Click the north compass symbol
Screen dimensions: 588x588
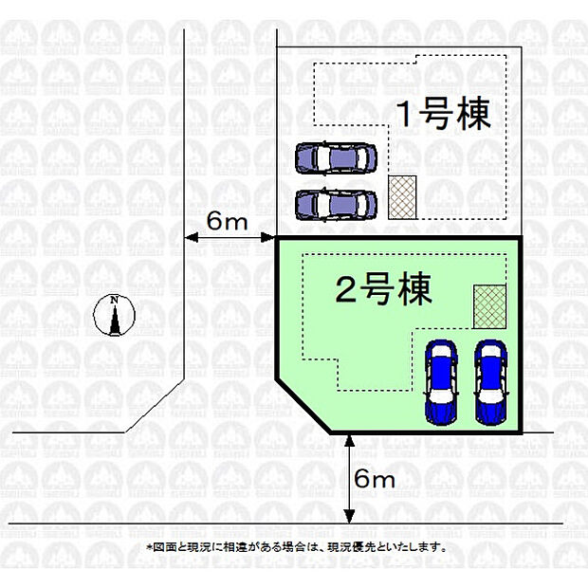point(114,315)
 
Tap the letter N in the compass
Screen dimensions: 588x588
point(115,300)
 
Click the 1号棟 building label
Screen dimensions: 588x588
point(445,114)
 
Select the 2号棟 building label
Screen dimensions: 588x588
point(384,289)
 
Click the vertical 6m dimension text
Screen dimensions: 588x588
point(375,479)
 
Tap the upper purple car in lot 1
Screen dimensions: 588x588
point(336,158)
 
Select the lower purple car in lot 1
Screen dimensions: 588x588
point(336,205)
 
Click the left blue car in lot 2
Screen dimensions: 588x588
point(441,382)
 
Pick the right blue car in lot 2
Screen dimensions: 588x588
point(491,382)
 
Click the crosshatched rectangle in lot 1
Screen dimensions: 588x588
point(402,197)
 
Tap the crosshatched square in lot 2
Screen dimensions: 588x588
point(489,306)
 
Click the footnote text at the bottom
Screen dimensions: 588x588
point(296,547)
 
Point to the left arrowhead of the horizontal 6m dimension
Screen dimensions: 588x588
point(191,237)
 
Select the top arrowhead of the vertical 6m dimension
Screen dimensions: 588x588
point(350,442)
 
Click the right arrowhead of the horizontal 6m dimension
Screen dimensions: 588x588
point(268,237)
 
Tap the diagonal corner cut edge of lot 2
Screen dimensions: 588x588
point(303,407)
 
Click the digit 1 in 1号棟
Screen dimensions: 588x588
point(406,114)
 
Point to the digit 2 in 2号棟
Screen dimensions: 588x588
point(345,289)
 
